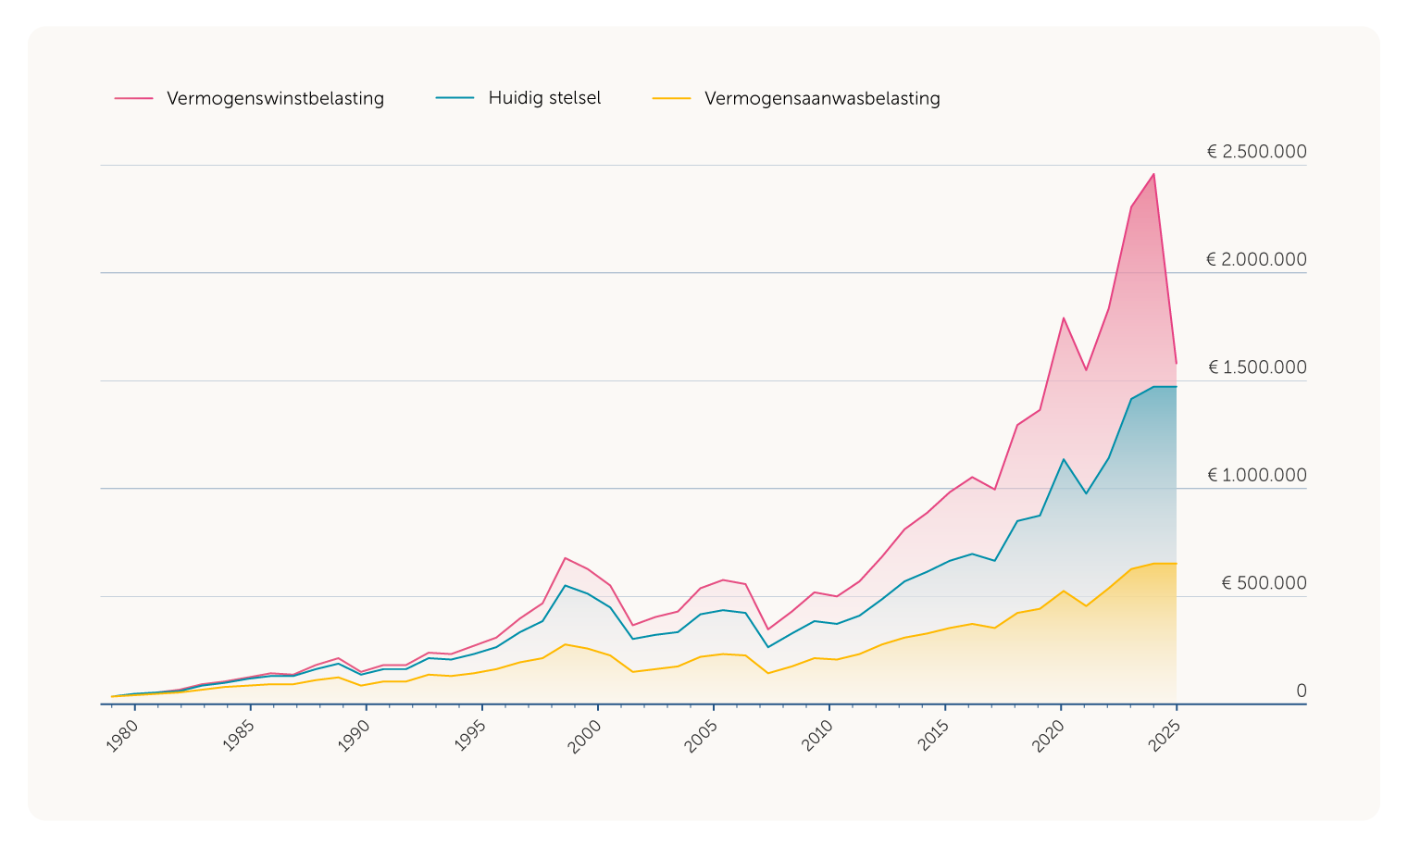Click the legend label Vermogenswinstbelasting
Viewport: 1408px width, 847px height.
(x=275, y=98)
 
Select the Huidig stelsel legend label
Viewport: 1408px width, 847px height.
(x=544, y=98)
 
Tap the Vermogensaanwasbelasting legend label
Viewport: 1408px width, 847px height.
(x=822, y=98)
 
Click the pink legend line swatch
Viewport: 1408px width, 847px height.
(x=133, y=98)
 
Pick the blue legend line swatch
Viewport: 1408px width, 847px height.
(x=455, y=98)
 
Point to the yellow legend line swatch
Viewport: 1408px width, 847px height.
(x=671, y=98)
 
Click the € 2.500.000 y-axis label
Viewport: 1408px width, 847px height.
(x=1256, y=152)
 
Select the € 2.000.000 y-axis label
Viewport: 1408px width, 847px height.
(x=1256, y=259)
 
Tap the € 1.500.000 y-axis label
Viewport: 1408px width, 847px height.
(x=1257, y=367)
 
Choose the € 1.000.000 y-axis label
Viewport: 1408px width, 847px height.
(x=1257, y=476)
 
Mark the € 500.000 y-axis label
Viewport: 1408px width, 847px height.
(x=1264, y=583)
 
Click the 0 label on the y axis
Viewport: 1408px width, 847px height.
(x=1301, y=691)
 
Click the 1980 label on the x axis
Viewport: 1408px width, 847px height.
(x=123, y=736)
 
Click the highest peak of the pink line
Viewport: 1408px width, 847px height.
(x=1153, y=174)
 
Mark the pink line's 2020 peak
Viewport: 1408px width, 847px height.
(x=1064, y=318)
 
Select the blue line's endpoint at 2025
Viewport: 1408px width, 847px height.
(x=1176, y=387)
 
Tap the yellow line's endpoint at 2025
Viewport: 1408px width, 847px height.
(x=1176, y=564)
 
